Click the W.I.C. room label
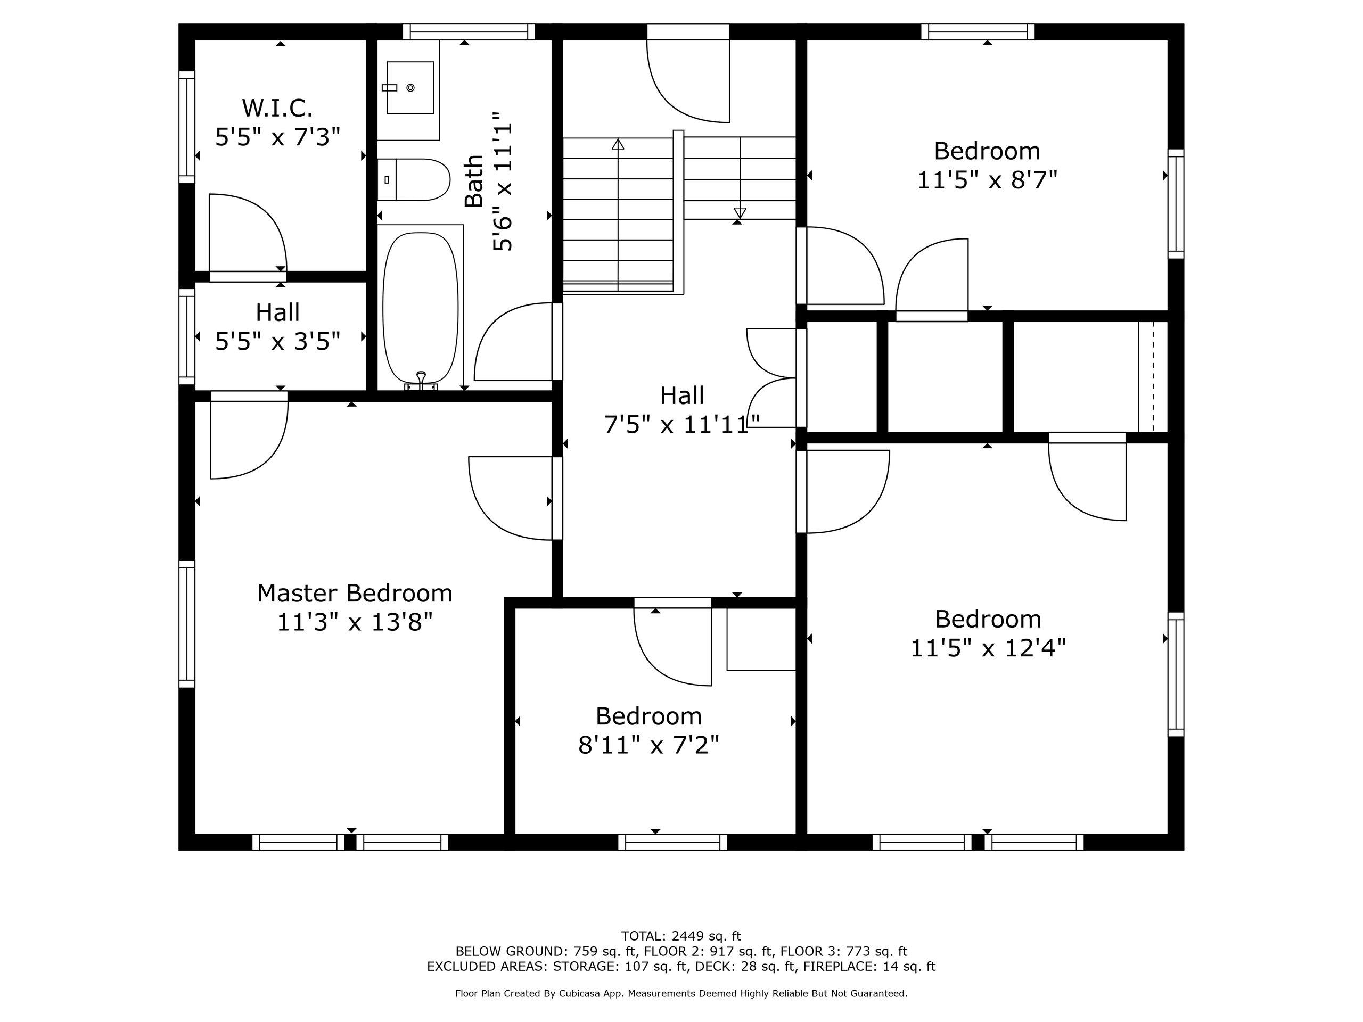coord(277,109)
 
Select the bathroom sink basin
coord(410,87)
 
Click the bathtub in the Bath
coord(420,308)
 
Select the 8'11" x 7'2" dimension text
coord(649,745)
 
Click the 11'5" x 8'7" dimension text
coord(987,180)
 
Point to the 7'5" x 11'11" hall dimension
coord(682,424)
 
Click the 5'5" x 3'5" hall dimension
coord(277,341)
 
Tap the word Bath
coord(474,181)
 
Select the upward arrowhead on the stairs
coord(618,144)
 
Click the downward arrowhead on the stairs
coord(740,212)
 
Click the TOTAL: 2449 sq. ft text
coord(681,936)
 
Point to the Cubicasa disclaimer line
coord(681,993)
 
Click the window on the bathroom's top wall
coord(469,31)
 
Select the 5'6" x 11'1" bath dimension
coord(503,181)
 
